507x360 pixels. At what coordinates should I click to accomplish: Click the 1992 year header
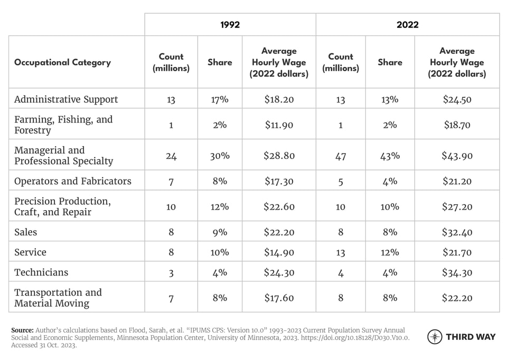tap(230, 25)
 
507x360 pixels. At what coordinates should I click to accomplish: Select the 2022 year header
tap(407, 25)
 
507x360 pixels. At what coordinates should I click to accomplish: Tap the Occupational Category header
tap(62, 62)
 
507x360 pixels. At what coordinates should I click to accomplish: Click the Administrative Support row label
tap(66, 99)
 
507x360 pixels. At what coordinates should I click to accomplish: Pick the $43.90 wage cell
tap(457, 156)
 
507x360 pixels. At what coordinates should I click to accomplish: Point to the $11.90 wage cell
tap(279, 125)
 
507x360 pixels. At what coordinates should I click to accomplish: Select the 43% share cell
tap(390, 156)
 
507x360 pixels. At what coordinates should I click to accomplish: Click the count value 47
tap(340, 156)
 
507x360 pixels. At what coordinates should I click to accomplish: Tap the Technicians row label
tap(41, 272)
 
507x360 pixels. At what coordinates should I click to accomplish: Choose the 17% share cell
tap(220, 99)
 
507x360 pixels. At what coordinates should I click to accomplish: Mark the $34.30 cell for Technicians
tap(457, 272)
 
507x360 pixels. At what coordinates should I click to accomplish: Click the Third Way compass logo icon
tap(435, 337)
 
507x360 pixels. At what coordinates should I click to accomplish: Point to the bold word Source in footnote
tap(22, 329)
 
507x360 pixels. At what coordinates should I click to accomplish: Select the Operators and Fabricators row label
tap(73, 181)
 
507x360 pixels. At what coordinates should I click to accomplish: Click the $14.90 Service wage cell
tap(279, 252)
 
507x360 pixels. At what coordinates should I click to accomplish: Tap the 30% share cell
tap(220, 156)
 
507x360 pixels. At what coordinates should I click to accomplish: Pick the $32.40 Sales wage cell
tap(457, 232)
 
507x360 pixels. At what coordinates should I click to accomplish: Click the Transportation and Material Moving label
tap(58, 298)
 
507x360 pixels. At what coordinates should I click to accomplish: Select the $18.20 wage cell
tap(279, 99)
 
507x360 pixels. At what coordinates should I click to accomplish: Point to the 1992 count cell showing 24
tap(171, 156)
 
